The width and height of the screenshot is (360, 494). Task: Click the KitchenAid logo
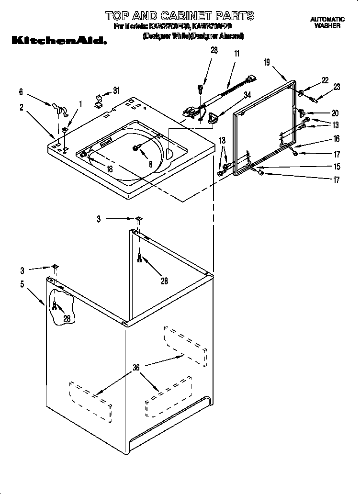pos(58,41)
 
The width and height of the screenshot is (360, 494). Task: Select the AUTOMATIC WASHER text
pos(327,22)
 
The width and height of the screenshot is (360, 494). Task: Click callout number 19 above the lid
pos(267,62)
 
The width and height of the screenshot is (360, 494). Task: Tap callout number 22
pos(325,81)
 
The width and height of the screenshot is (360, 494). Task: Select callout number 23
pos(337,87)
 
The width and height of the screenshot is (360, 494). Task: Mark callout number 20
pos(335,113)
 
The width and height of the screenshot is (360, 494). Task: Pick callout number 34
pos(247,95)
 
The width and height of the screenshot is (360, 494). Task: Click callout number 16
pos(336,139)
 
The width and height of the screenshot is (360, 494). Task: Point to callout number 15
pos(336,167)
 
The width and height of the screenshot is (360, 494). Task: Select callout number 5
pos(22,283)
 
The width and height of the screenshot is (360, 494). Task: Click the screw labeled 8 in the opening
pos(137,148)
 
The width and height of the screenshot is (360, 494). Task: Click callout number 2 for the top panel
pos(22,108)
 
